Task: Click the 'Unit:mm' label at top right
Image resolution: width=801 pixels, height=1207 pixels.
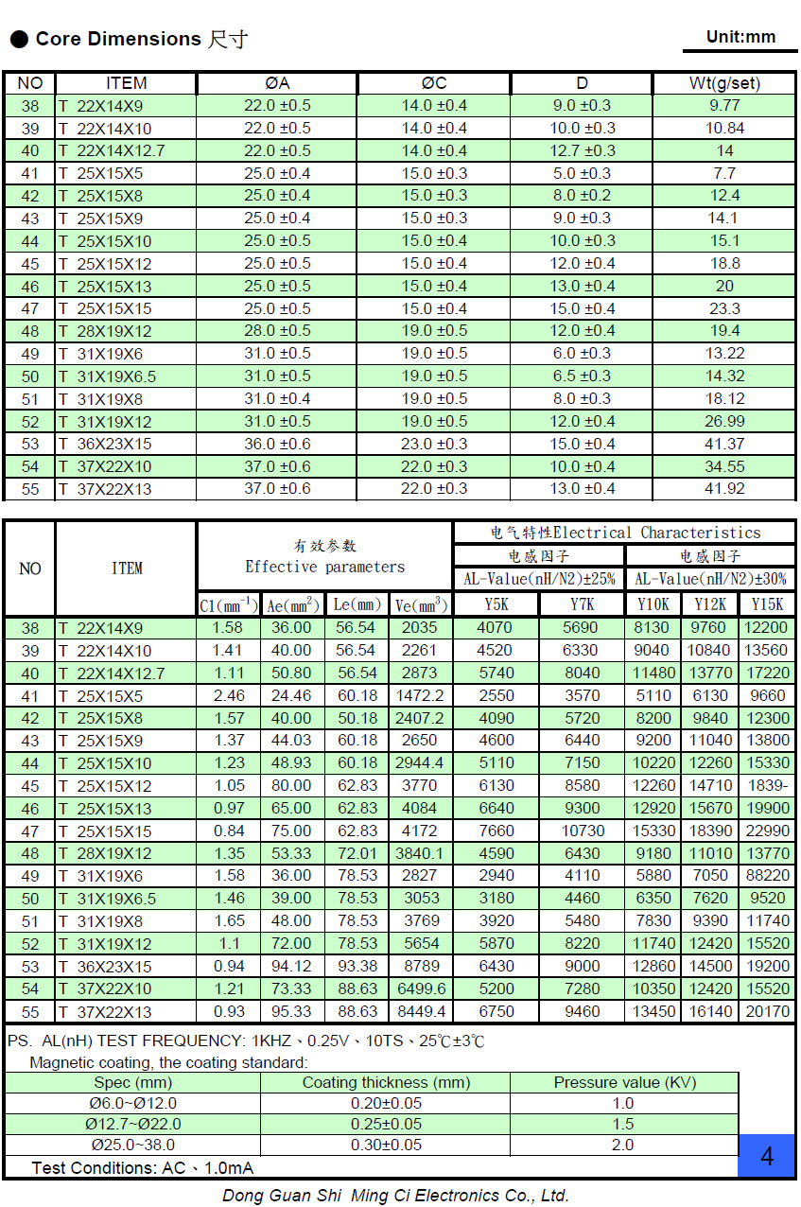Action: [x=740, y=37]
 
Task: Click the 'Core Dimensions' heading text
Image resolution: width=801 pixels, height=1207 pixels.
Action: [x=118, y=39]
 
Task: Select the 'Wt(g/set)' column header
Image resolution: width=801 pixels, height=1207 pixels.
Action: [x=724, y=83]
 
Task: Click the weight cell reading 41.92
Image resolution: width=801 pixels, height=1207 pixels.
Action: [x=724, y=489]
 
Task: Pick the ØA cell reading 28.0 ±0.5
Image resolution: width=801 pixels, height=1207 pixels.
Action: [x=277, y=331]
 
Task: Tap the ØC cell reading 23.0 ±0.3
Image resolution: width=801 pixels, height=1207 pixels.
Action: [x=434, y=444]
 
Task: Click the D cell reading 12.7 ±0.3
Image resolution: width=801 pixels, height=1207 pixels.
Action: [x=582, y=150]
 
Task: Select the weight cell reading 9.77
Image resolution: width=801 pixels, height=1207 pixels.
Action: [x=724, y=106]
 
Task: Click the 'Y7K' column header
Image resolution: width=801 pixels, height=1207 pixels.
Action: [x=582, y=604]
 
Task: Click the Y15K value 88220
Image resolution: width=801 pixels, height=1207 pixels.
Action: [x=767, y=876]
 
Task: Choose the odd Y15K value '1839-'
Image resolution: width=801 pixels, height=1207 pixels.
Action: [x=767, y=786]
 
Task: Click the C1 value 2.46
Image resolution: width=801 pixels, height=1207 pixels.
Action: [x=228, y=695]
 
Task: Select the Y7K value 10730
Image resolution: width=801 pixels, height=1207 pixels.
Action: [x=582, y=831]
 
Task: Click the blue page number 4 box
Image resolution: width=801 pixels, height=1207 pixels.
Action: [x=766, y=1156]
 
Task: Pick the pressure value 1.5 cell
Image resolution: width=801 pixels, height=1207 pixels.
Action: [x=623, y=1124]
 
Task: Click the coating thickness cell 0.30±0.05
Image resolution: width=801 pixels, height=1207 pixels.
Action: [x=385, y=1146]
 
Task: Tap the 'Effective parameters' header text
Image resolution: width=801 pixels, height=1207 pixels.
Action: [x=324, y=568]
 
